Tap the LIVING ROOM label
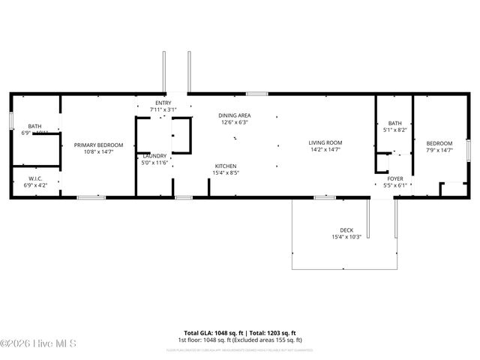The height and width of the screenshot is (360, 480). (x=325, y=142)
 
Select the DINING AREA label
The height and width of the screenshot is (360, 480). (x=234, y=115)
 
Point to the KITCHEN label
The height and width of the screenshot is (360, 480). (x=226, y=166)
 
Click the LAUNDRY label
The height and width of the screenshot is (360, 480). (x=155, y=156)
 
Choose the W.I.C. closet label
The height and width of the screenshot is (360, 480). (x=34, y=178)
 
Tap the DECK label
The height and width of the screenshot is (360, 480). (x=346, y=230)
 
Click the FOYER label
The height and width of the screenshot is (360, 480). (x=394, y=178)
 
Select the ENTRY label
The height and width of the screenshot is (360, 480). (x=163, y=103)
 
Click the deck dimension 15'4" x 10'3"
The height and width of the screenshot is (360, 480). (x=346, y=237)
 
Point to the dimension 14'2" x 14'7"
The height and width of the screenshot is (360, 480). (x=325, y=149)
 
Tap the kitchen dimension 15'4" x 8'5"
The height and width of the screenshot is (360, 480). (x=226, y=172)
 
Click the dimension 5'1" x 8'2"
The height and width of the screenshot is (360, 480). (x=395, y=130)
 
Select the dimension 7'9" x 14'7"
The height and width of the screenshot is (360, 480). (x=439, y=150)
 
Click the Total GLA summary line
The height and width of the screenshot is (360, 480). (x=239, y=332)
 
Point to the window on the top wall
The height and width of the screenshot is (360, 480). (x=256, y=94)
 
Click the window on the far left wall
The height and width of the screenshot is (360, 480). (x=10, y=120)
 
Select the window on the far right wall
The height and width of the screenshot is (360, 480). (x=467, y=149)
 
